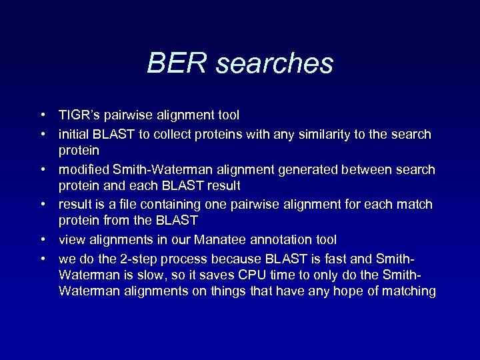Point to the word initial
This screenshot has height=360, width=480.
[73, 134]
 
